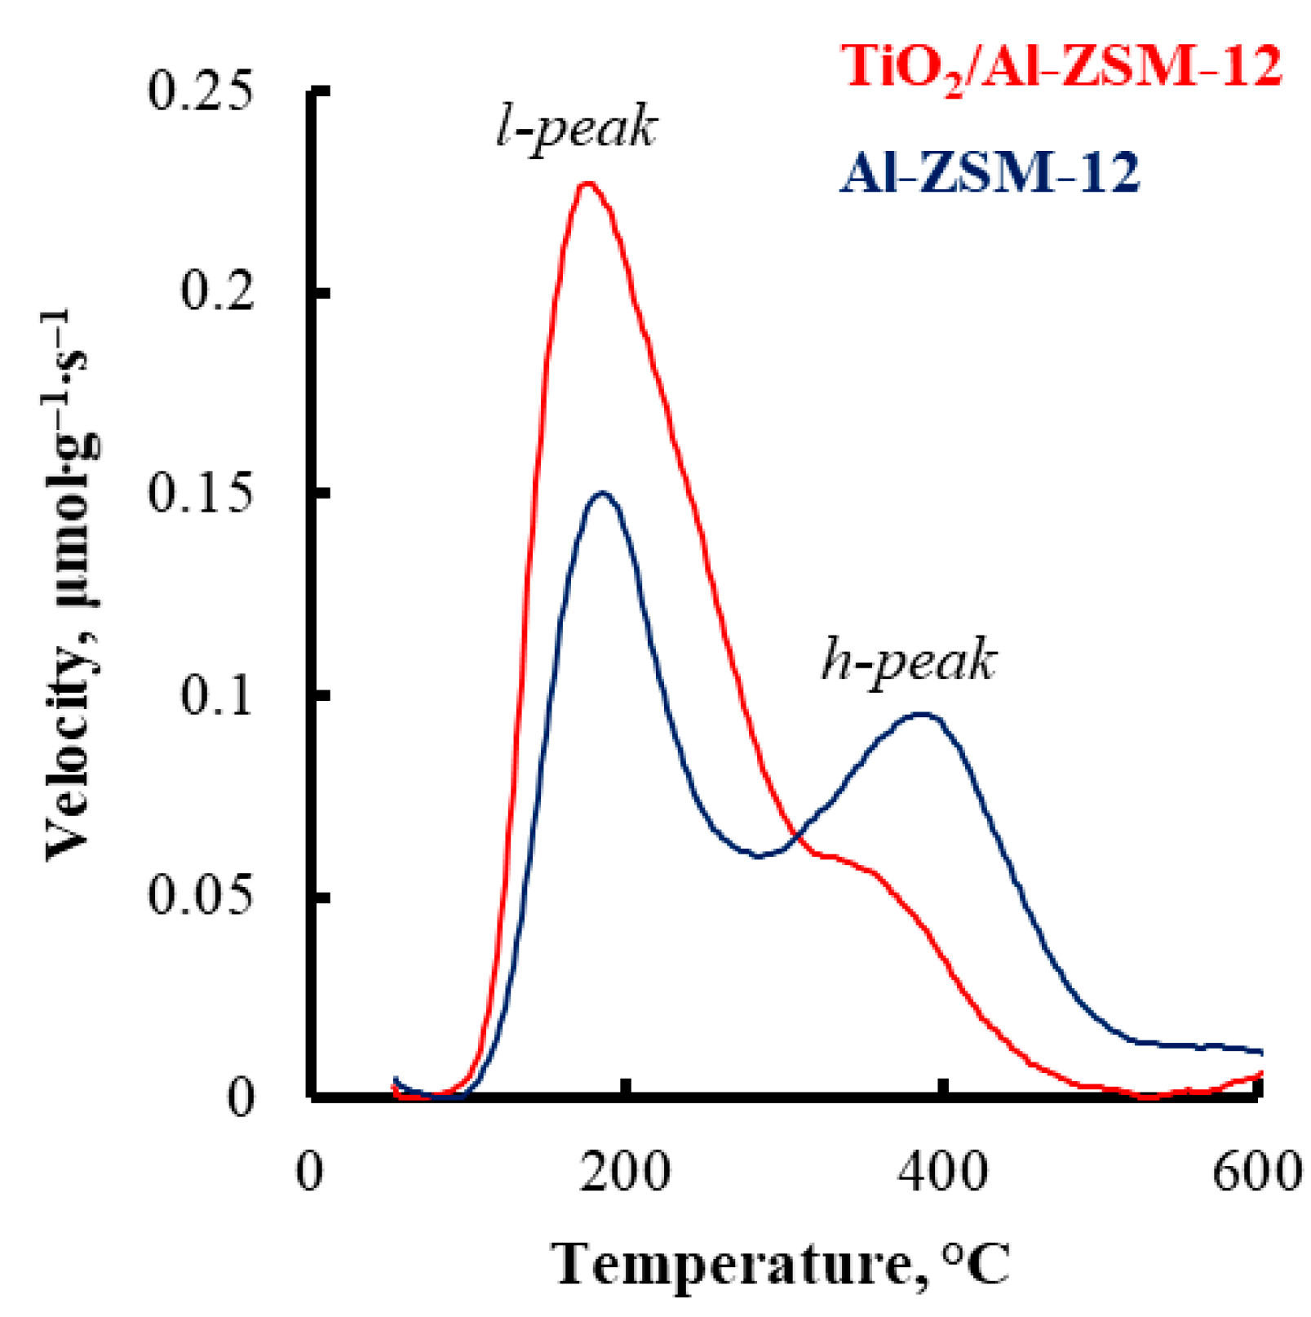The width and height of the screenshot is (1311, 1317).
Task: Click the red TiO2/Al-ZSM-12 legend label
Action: [x=1061, y=67]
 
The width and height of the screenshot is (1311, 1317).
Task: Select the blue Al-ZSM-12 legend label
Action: [x=989, y=174]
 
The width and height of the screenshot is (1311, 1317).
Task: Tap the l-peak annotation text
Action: [x=576, y=129]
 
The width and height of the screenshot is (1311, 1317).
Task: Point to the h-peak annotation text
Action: [x=908, y=660]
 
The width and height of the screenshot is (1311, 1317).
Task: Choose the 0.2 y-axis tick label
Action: [x=217, y=291]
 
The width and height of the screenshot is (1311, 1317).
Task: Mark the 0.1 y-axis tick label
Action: [x=217, y=695]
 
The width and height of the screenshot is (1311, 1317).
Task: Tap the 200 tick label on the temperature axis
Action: [x=625, y=1173]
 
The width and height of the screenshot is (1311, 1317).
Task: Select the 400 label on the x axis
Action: [x=941, y=1173]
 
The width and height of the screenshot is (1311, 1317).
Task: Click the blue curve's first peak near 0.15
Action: [x=603, y=493]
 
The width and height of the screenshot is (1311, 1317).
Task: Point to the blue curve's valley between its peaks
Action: [x=759, y=856]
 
